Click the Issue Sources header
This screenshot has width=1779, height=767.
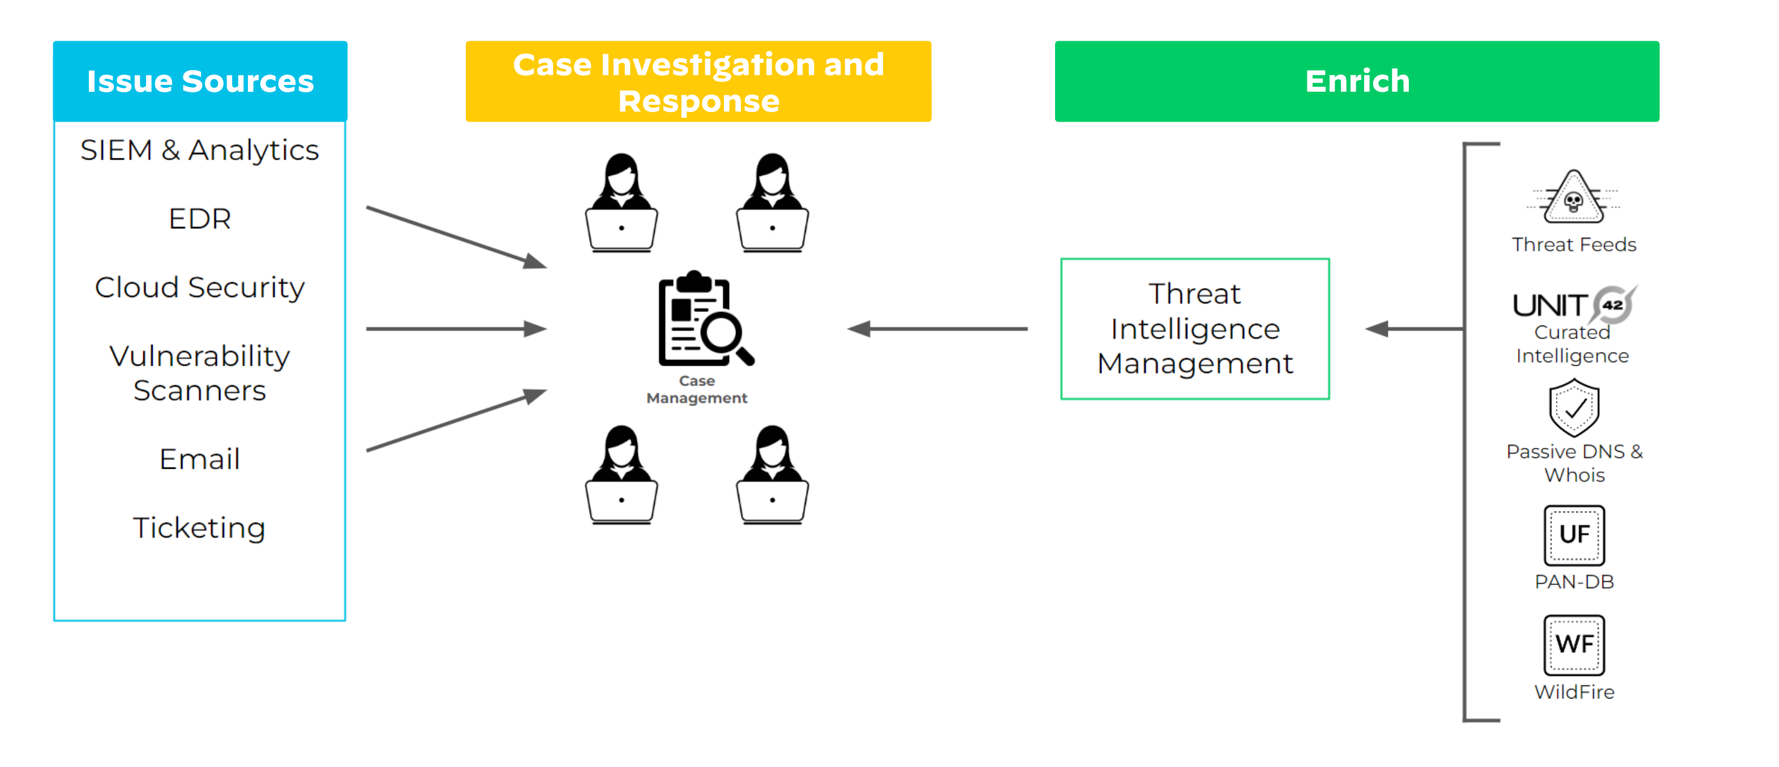pyautogui.click(x=200, y=82)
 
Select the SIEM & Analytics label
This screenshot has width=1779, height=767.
pyautogui.click(x=200, y=150)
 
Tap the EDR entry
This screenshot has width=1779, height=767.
pyautogui.click(x=200, y=219)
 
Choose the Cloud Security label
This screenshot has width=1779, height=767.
pyautogui.click(x=200, y=287)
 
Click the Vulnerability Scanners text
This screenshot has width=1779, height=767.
pyautogui.click(x=200, y=373)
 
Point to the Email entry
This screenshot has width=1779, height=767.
pyautogui.click(x=200, y=459)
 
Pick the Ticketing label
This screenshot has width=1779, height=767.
pyautogui.click(x=200, y=528)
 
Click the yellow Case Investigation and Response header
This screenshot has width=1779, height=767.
pyautogui.click(x=698, y=82)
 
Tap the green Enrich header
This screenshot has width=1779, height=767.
pyautogui.click(x=1357, y=82)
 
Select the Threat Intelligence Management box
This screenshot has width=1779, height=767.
pyautogui.click(x=1195, y=329)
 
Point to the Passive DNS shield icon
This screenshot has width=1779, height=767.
pyautogui.click(x=1574, y=408)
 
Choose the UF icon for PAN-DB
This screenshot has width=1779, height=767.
pyautogui.click(x=1574, y=535)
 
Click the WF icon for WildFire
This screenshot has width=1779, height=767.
pyautogui.click(x=1574, y=645)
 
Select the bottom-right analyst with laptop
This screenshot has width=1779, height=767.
pyautogui.click(x=772, y=474)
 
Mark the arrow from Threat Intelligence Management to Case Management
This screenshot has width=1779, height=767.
pyautogui.click(x=937, y=329)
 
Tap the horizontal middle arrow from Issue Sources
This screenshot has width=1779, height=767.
pyautogui.click(x=456, y=329)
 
